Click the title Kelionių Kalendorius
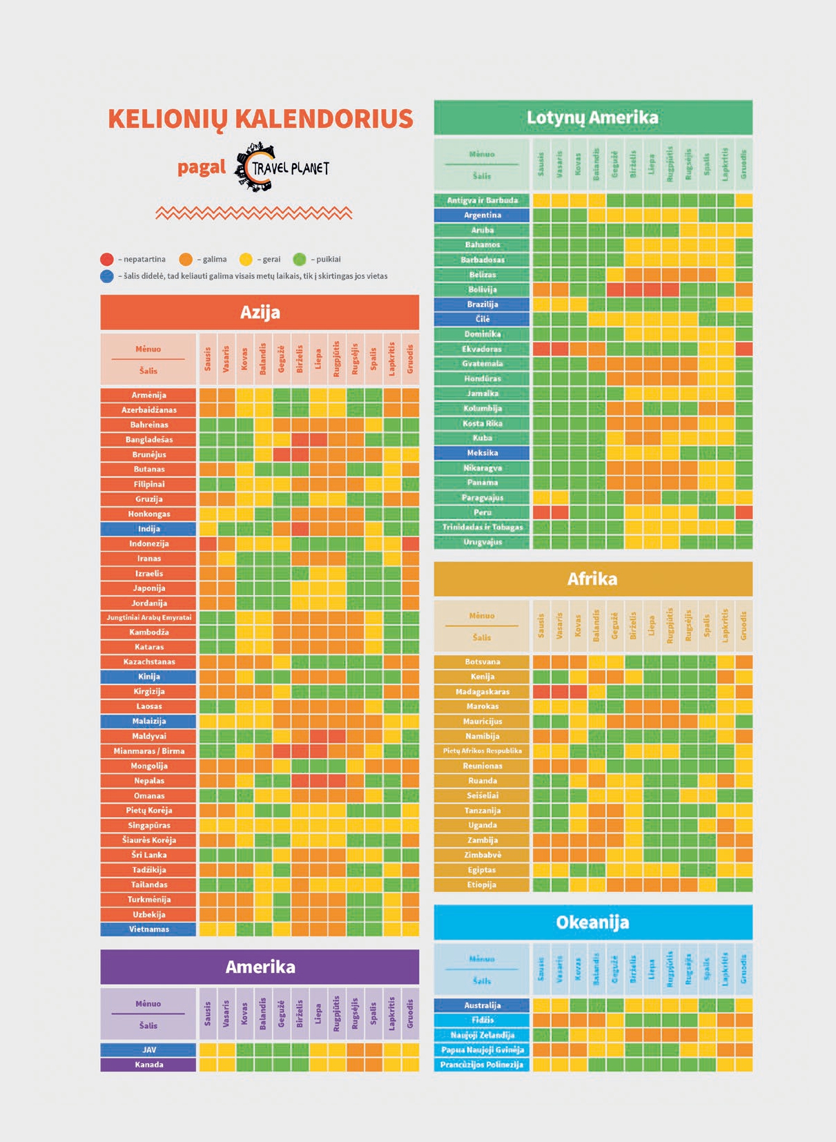pyautogui.click(x=260, y=119)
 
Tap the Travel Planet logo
pyautogui.click(x=281, y=167)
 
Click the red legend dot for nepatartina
pyautogui.click(x=106, y=260)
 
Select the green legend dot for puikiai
pyautogui.click(x=299, y=260)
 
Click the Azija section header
pyautogui.click(x=260, y=312)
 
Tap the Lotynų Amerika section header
pyautogui.click(x=592, y=117)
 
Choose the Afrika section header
pyautogui.click(x=592, y=579)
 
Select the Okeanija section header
pyautogui.click(x=592, y=922)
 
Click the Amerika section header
pyautogui.click(x=260, y=967)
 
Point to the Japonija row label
pyautogui.click(x=148, y=588)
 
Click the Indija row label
pyautogui.click(x=148, y=529)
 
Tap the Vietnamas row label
pyautogui.click(x=148, y=929)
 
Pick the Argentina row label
pyautogui.click(x=482, y=215)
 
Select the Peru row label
pyautogui.click(x=482, y=512)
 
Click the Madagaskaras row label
pyautogui.click(x=482, y=692)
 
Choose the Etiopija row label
pyautogui.click(x=482, y=885)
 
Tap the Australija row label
pyautogui.click(x=482, y=1005)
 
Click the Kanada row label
pyautogui.click(x=148, y=1065)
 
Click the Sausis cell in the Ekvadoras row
pyautogui.click(x=541, y=349)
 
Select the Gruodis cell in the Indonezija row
pyautogui.click(x=410, y=544)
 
